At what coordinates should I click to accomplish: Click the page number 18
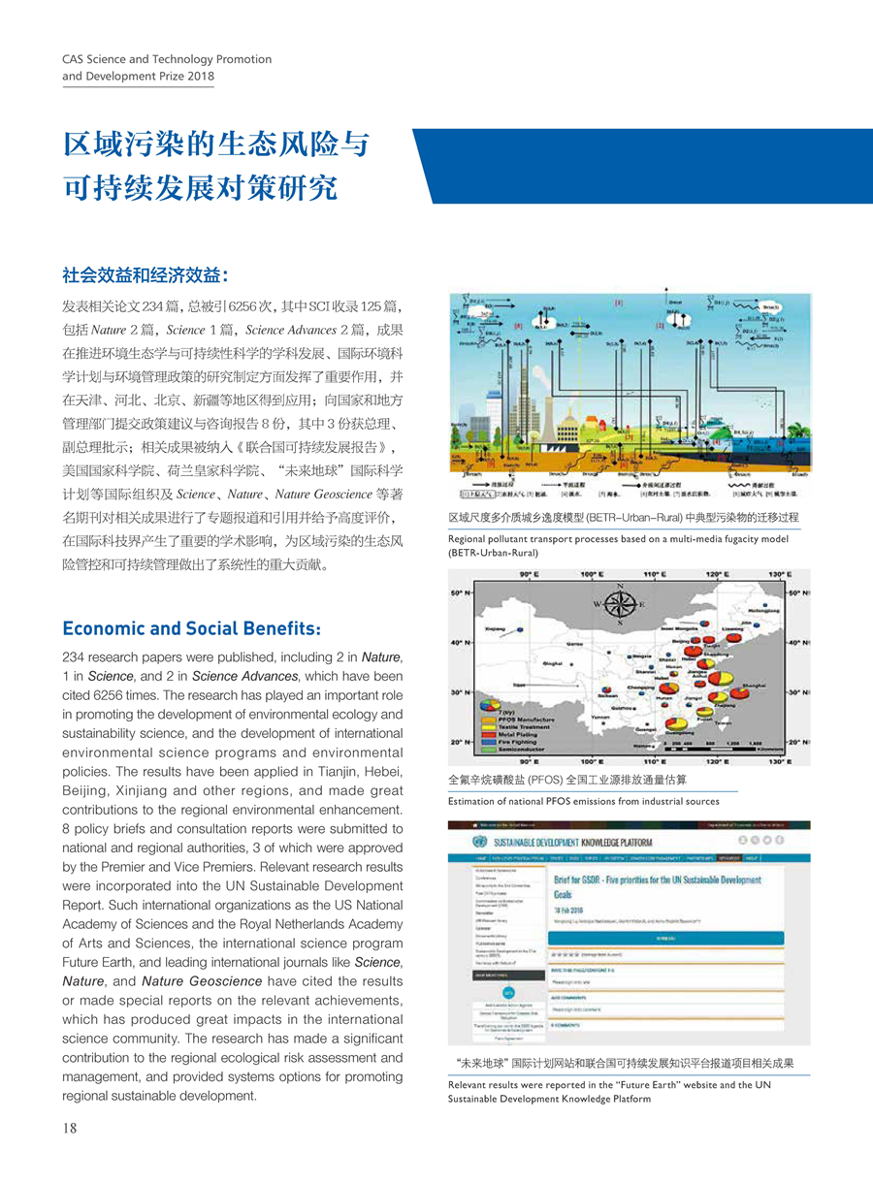[70, 1128]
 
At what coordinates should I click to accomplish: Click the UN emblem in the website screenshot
[478, 842]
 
